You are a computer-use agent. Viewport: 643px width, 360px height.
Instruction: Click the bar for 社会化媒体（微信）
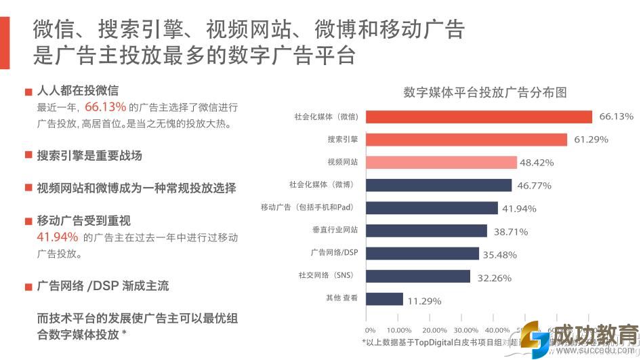click(478, 117)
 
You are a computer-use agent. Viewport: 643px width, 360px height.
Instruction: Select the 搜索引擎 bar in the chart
click(466, 140)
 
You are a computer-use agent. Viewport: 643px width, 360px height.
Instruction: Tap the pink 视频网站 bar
click(441, 163)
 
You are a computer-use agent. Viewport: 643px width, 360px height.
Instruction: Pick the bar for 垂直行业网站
click(426, 231)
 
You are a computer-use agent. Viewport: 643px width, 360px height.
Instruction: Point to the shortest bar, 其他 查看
click(384, 299)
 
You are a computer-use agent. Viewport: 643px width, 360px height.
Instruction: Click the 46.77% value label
click(535, 185)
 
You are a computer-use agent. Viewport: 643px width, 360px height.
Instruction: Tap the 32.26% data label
click(494, 278)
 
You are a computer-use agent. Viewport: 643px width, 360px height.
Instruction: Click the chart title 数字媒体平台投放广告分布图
click(484, 92)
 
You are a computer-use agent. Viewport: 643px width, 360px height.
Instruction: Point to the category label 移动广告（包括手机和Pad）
click(309, 207)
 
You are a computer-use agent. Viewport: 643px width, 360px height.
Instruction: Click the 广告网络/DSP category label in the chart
click(334, 253)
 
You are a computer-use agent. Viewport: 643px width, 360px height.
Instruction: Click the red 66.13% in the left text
click(106, 107)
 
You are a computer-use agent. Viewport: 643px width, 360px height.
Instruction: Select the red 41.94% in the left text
click(57, 237)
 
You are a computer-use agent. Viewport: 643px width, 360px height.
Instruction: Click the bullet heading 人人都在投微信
click(79, 91)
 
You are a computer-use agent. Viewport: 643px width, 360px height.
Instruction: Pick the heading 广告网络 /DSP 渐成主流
click(103, 286)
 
